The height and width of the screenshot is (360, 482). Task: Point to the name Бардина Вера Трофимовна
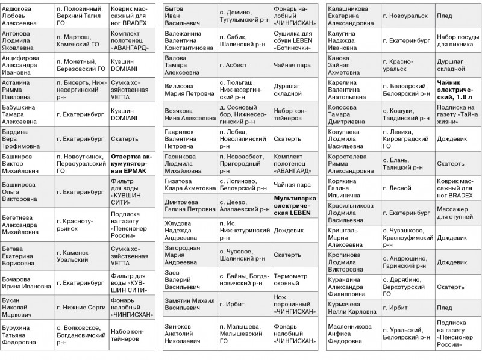tap(24, 138)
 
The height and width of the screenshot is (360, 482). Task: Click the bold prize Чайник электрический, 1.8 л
tap(455, 88)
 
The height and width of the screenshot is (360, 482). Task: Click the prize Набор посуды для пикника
tap(457, 39)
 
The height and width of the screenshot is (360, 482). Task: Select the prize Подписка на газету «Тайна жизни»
tap(456, 114)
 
